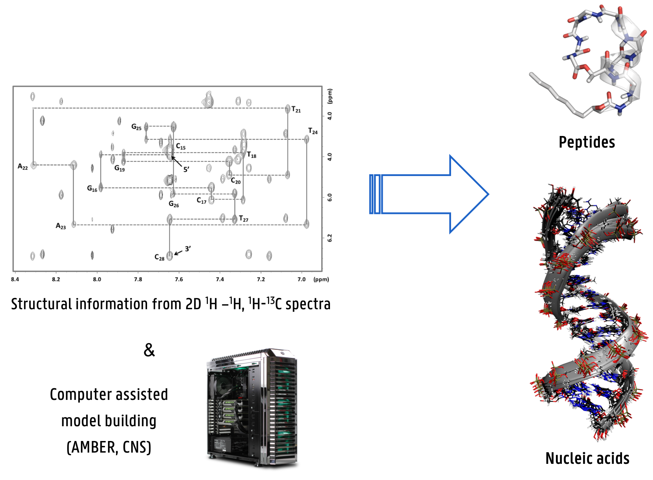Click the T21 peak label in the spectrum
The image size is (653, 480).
point(296,110)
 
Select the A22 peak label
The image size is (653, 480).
point(23,167)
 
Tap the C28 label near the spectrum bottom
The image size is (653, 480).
point(159,258)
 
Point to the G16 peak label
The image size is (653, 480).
point(92,189)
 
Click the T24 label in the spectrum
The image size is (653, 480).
point(313,131)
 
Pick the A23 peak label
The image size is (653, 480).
point(61,226)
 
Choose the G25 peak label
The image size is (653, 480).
point(136,127)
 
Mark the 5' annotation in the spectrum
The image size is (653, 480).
point(186,169)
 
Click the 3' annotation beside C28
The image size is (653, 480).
point(188,249)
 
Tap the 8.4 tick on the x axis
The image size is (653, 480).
point(15,279)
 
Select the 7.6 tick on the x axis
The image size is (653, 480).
point(179,279)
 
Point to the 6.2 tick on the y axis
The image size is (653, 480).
point(330,238)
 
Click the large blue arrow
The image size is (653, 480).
point(429,194)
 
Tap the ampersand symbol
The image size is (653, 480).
point(149,350)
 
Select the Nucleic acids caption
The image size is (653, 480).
point(587,459)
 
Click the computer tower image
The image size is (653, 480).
point(252,408)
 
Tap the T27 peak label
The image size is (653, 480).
point(243,219)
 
